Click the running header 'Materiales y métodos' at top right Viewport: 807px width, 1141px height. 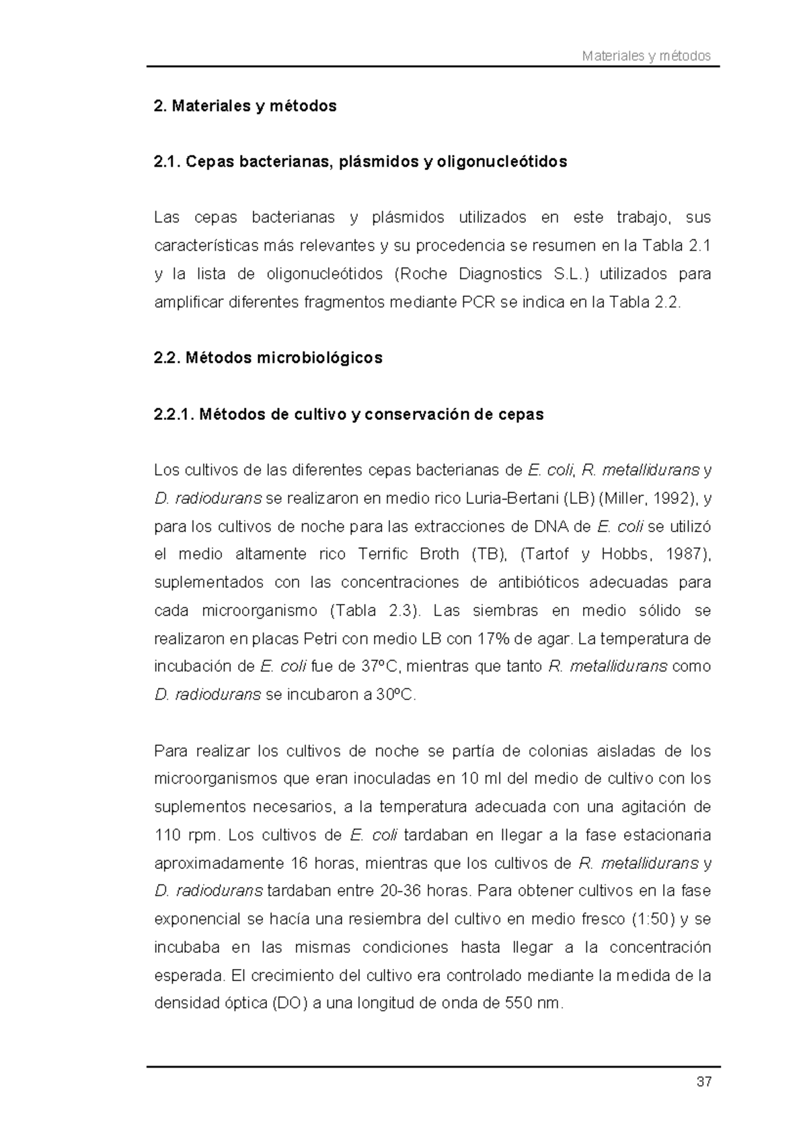(x=646, y=56)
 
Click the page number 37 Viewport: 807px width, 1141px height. (x=704, y=1083)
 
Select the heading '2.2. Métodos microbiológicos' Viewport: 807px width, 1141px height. (x=268, y=358)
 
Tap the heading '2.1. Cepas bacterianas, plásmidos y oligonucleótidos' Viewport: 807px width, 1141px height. (x=360, y=162)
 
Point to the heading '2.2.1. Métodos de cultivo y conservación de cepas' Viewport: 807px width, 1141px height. (x=348, y=415)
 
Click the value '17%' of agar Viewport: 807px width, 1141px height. (x=492, y=638)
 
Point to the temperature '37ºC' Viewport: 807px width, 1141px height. (x=381, y=667)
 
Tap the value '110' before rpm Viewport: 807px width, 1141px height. (x=167, y=835)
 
